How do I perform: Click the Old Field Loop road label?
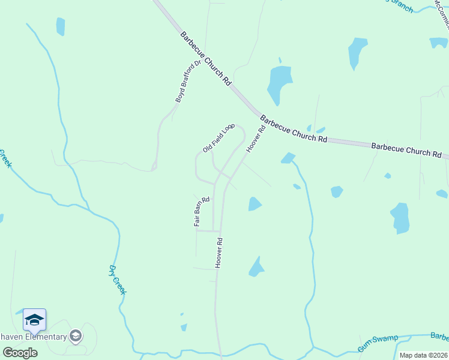(x=218, y=139)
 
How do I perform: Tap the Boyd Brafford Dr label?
(x=187, y=82)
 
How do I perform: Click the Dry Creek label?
(x=118, y=280)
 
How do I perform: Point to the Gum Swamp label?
(x=378, y=343)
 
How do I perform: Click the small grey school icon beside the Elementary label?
(x=76, y=336)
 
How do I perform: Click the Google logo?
(x=20, y=352)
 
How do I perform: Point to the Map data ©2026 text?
(x=423, y=355)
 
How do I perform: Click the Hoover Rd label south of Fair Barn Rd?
(x=219, y=253)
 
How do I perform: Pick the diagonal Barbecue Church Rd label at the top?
(x=205, y=58)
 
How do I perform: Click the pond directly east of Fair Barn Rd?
(x=255, y=205)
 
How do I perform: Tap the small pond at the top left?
(x=60, y=26)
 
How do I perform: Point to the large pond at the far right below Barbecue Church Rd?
(x=400, y=217)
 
